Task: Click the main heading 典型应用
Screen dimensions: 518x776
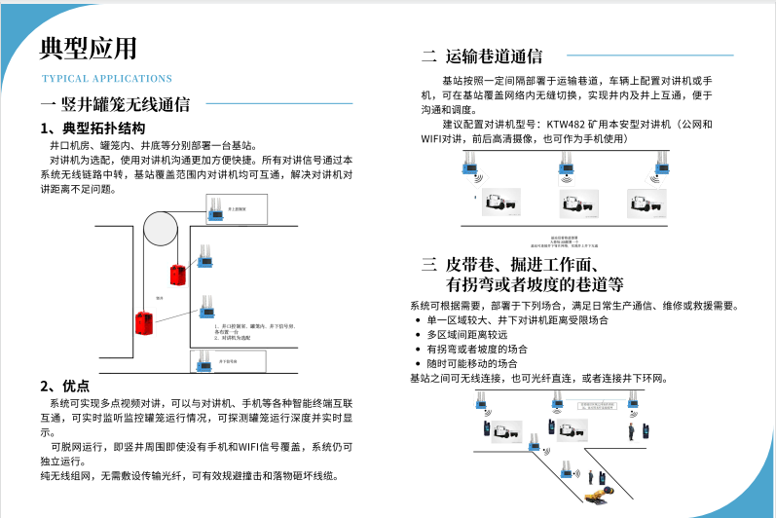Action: pyautogui.click(x=89, y=48)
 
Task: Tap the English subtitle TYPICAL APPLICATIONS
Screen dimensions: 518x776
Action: pyautogui.click(x=107, y=79)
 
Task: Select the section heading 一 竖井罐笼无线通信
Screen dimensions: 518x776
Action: pyautogui.click(x=115, y=104)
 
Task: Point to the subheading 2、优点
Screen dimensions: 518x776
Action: pyautogui.click(x=64, y=385)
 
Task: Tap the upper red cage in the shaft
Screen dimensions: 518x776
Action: pyautogui.click(x=176, y=275)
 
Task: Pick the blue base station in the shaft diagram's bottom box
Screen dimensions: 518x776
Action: pyautogui.click(x=206, y=360)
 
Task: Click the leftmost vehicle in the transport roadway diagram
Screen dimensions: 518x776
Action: pyautogui.click(x=496, y=203)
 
